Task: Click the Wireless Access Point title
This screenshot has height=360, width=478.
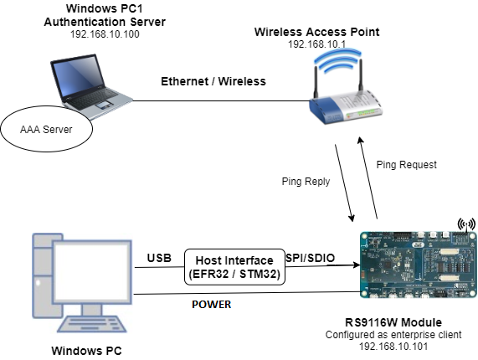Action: (316, 32)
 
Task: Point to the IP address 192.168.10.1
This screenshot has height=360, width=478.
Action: (316, 44)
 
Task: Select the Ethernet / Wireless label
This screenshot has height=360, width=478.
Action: (213, 81)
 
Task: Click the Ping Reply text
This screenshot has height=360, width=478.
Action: (305, 181)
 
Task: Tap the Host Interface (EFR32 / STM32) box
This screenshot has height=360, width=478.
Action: (234, 268)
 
